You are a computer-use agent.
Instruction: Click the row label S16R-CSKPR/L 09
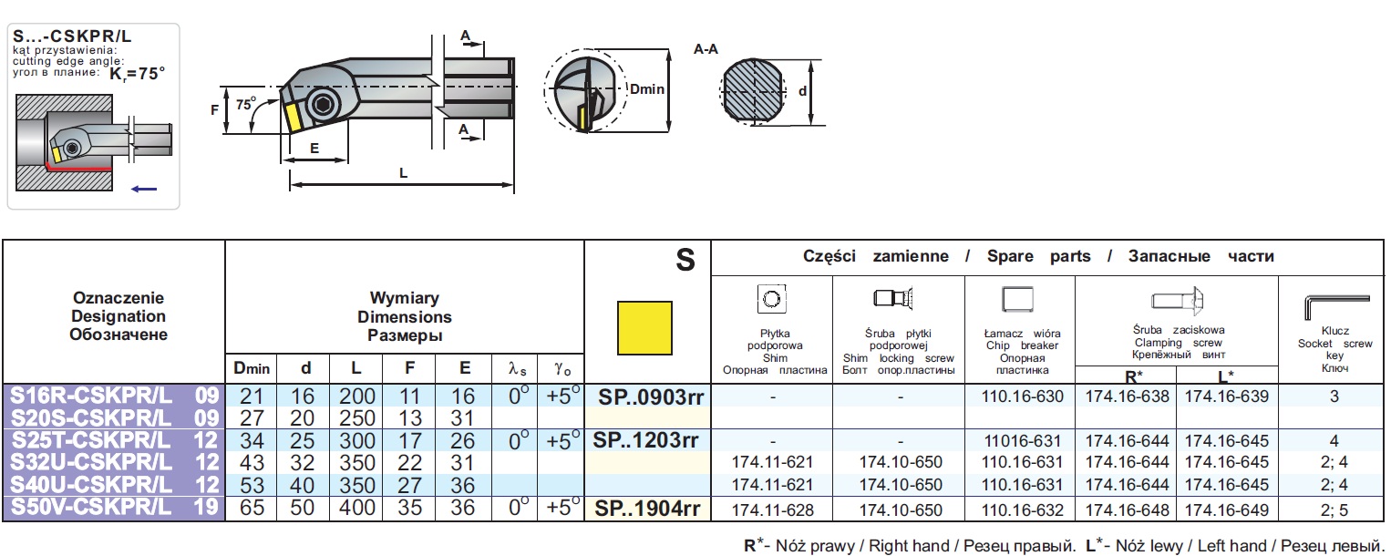point(114,396)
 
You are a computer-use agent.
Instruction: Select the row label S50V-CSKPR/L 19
point(114,508)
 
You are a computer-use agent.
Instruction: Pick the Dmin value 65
point(252,508)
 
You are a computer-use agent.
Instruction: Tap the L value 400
point(357,508)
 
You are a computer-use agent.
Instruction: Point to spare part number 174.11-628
point(771,509)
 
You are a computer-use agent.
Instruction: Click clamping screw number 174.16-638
point(1126,396)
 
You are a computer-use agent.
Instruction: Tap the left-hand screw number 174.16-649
point(1227,509)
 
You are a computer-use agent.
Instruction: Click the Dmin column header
point(252,368)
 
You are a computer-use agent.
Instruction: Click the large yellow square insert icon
point(645,327)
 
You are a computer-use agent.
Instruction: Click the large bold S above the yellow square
point(685,261)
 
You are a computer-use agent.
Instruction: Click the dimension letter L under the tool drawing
point(403,172)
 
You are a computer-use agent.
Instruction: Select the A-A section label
point(706,49)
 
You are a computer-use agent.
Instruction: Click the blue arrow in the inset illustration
point(144,189)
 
